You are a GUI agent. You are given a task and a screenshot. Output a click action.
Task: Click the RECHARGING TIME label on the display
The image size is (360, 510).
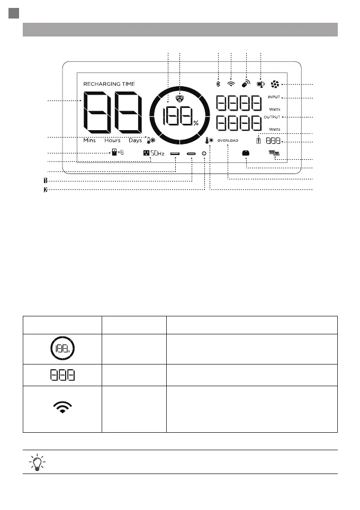tap(109, 84)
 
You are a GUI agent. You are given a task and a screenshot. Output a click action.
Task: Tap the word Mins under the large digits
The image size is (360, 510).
tap(89, 141)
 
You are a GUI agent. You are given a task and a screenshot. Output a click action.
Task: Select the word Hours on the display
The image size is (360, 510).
tap(112, 141)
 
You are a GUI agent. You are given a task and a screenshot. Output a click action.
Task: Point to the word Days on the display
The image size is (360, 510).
tap(135, 141)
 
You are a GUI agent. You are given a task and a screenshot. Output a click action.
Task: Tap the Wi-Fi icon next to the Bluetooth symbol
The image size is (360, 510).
tap(231, 84)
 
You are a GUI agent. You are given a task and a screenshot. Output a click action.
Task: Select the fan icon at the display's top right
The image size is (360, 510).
tap(275, 84)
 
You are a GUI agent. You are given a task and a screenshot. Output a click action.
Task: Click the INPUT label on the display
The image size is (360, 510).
tap(274, 97)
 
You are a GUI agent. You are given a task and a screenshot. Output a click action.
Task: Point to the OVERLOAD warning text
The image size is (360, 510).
tap(228, 141)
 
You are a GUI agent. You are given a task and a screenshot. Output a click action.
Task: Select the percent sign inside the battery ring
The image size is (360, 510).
tap(196, 123)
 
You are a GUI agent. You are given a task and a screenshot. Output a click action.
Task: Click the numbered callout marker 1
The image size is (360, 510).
tap(45, 180)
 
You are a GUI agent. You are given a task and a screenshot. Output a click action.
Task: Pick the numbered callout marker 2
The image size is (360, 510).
tap(45, 190)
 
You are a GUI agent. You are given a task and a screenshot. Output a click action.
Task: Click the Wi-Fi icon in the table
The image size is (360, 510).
tap(62, 407)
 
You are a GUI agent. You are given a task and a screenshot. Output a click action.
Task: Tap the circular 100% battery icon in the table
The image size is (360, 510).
tap(62, 349)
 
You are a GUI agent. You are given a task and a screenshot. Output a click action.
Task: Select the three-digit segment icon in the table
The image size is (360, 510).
tap(62, 375)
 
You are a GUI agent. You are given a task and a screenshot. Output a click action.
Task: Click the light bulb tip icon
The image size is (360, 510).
tap(37, 462)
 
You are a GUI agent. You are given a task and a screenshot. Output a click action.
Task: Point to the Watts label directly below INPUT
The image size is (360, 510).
tap(274, 108)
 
